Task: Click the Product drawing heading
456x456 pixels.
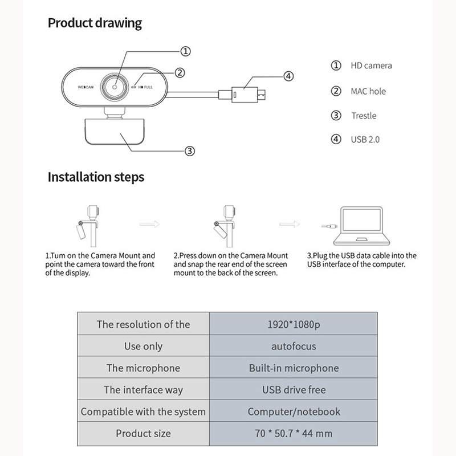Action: (95, 23)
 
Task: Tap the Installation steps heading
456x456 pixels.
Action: (96, 177)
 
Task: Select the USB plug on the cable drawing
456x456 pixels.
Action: (247, 92)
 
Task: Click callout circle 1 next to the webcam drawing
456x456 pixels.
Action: (185, 51)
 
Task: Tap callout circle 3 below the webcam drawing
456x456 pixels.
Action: (190, 151)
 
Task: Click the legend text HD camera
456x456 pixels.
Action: (371, 66)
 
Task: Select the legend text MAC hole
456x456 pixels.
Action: (368, 91)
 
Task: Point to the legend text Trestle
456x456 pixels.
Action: (364, 116)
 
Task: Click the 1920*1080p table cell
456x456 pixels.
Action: (294, 324)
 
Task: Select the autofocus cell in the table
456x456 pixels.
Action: (294, 346)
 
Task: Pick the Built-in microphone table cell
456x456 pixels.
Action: (294, 368)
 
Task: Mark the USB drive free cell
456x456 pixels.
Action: (294, 390)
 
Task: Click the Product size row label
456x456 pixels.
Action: (143, 434)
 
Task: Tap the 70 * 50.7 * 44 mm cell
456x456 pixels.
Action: (294, 434)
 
